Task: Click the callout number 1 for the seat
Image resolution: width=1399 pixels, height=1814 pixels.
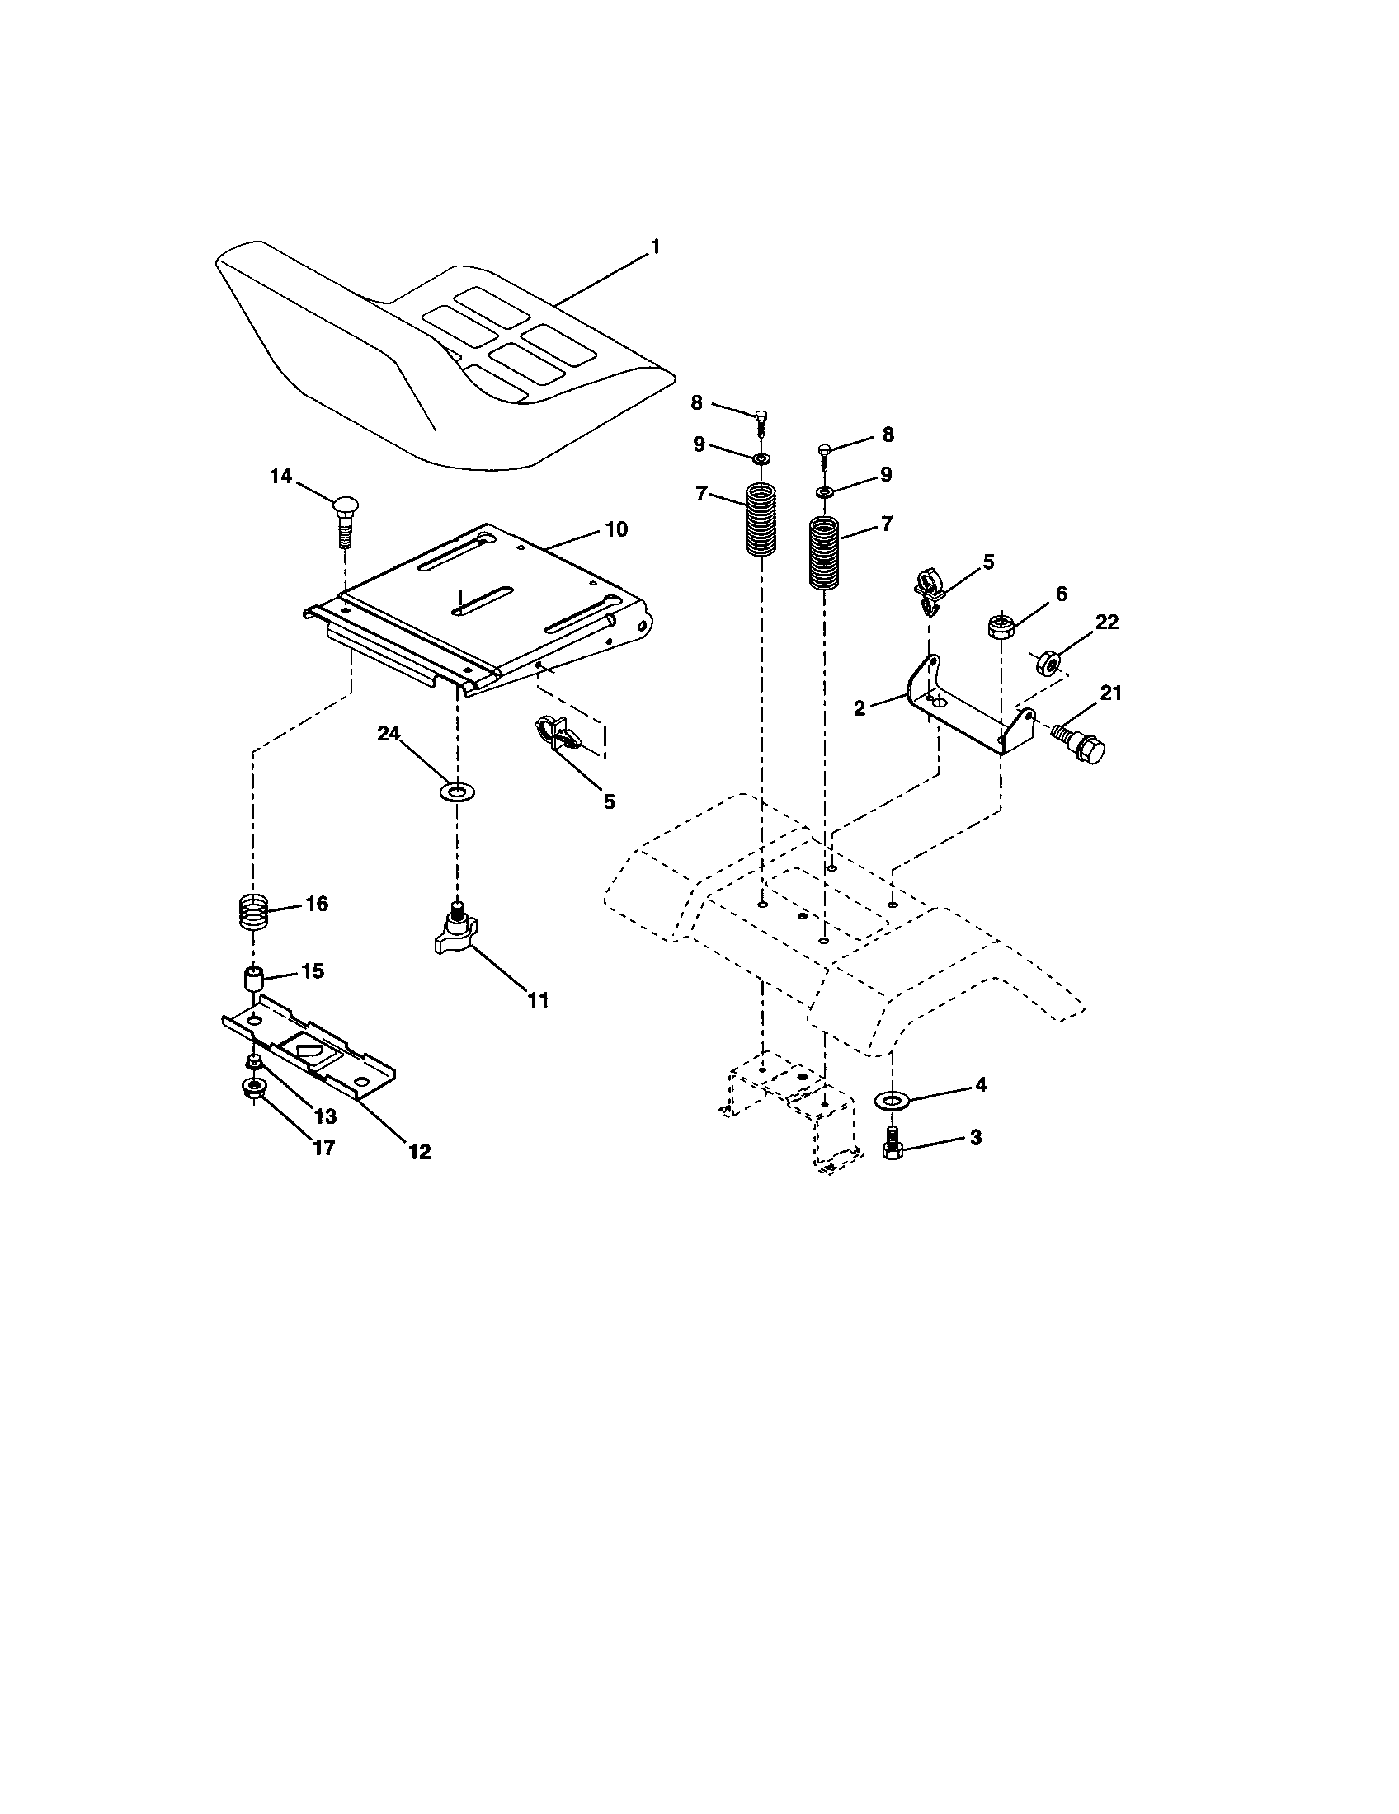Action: tap(655, 247)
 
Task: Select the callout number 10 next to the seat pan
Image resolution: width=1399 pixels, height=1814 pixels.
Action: tap(615, 529)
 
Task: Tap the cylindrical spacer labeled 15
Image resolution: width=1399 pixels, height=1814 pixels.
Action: tap(252, 978)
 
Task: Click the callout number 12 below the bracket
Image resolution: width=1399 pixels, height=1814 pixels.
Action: tap(420, 1151)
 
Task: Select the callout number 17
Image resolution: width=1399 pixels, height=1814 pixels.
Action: tap(323, 1147)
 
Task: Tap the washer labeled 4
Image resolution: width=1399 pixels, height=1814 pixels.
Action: tap(893, 1101)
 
